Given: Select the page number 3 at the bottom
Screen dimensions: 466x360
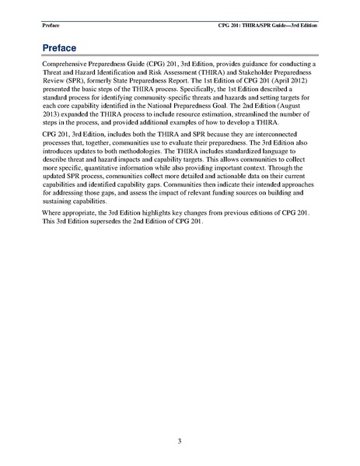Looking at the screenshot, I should point(180,442).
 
